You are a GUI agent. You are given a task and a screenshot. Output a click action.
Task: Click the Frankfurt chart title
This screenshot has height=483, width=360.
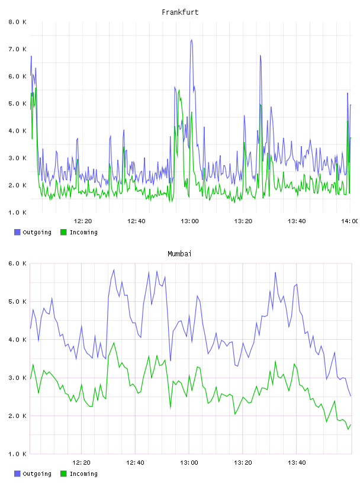point(180,12)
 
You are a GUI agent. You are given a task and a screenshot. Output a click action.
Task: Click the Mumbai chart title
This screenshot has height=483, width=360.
point(179,254)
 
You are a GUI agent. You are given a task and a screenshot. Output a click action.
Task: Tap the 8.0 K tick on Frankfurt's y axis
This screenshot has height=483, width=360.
point(17,22)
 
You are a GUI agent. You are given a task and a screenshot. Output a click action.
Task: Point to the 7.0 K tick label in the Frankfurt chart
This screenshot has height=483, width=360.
point(17,49)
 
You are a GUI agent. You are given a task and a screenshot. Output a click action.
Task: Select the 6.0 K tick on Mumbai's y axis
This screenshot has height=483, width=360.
point(17,263)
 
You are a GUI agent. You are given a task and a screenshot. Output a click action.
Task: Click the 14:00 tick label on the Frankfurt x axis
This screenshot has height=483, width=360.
point(350,221)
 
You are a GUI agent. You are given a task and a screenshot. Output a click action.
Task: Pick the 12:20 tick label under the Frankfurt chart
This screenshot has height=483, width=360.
point(83,221)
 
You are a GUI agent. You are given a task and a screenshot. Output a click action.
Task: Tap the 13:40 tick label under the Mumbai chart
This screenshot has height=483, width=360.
point(297,463)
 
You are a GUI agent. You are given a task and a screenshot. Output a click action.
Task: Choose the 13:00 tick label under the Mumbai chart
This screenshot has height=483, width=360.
point(189,463)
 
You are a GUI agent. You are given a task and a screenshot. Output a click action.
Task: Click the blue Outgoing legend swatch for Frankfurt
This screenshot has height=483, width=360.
point(17,232)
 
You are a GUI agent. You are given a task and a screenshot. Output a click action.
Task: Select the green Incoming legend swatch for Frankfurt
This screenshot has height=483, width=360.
point(63,232)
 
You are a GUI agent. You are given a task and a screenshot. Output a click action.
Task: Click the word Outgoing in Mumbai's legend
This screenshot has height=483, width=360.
point(37,474)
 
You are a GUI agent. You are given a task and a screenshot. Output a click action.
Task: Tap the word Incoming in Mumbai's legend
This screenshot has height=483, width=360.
point(83,474)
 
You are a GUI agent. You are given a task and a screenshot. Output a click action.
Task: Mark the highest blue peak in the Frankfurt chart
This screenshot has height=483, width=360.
point(191,40)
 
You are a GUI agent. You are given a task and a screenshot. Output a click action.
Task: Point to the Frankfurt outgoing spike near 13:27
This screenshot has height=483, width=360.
point(261,56)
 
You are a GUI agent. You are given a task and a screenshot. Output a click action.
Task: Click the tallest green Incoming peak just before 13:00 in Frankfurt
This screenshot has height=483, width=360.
point(179,90)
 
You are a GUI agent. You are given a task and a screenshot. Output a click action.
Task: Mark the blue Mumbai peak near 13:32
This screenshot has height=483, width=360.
point(275,273)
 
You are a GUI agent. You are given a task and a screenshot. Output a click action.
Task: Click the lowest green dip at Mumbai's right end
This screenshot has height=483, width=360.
point(348,429)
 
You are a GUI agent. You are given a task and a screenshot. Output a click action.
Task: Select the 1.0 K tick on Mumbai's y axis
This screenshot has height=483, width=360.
point(17,454)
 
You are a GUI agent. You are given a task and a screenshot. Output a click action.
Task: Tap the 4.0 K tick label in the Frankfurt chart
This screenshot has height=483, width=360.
point(17,131)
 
